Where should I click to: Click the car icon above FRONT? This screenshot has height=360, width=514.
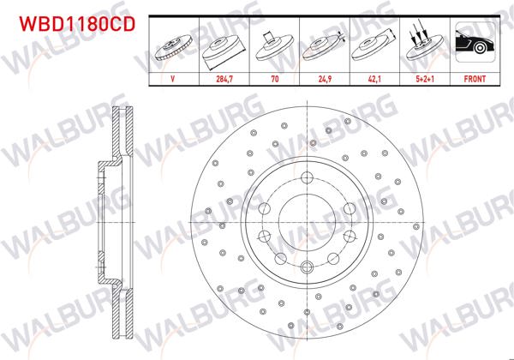coord(474,44)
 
